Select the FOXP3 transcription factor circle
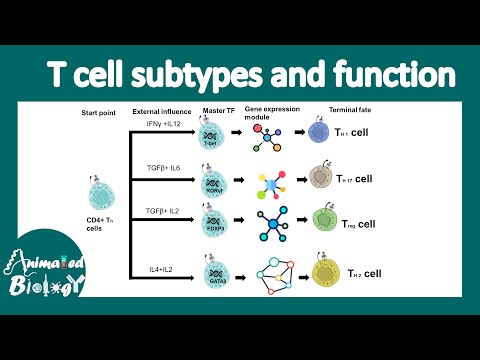210,221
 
